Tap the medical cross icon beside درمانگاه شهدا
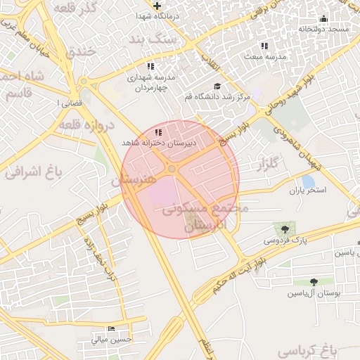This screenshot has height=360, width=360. pos(157,6)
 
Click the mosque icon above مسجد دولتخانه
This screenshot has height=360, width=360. pos(323,19)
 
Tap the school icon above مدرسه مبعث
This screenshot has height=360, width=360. pos(264,46)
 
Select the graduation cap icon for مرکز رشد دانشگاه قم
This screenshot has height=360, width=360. pos(217,86)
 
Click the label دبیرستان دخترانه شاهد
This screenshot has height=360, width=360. pos(157,142)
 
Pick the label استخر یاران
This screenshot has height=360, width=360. pos(308,191)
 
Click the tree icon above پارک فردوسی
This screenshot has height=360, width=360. pos(284,229)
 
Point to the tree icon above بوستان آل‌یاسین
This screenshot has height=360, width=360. pos(314,283)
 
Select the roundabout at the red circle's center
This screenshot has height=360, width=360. pos(172,169)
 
